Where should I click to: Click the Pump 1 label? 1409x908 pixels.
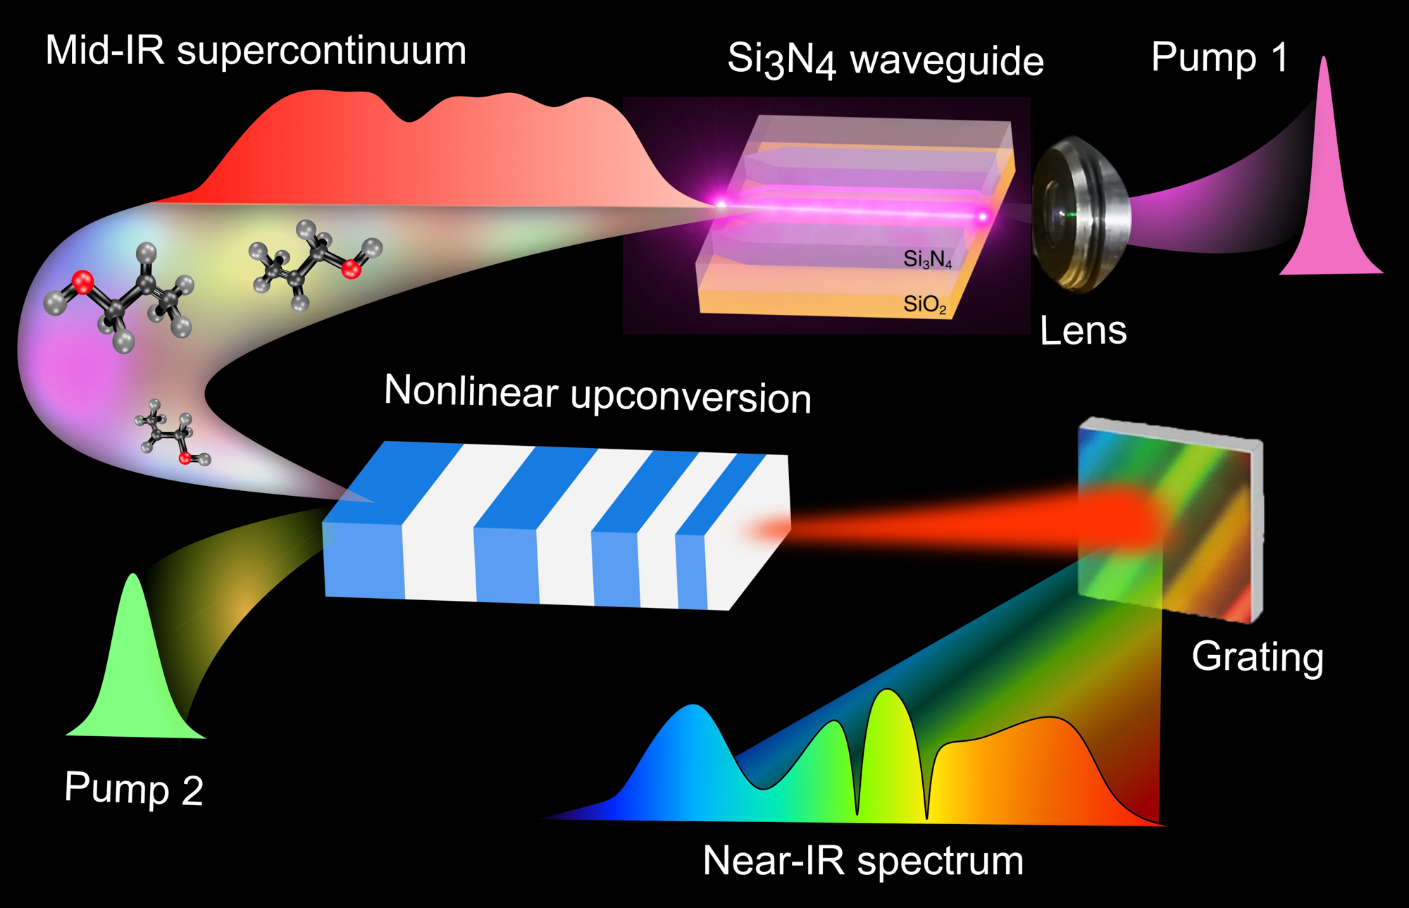1219,57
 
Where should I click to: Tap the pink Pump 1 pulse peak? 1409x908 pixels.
1325,106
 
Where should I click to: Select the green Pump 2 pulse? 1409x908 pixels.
134,669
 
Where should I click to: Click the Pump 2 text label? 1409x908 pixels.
134,789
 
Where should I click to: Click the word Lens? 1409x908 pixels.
1083,331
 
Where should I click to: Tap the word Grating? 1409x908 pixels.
1258,657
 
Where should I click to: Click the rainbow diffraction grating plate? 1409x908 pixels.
1169,521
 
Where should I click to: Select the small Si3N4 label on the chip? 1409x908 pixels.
927,259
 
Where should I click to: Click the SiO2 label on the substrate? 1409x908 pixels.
924,304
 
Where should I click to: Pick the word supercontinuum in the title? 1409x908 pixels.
321,51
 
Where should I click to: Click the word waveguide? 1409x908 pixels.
947,61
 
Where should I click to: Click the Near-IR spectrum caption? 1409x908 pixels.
863,861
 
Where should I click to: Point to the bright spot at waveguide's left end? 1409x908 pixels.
721,204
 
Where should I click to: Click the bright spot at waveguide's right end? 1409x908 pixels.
982,216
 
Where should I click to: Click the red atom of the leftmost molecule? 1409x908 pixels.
82,282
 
